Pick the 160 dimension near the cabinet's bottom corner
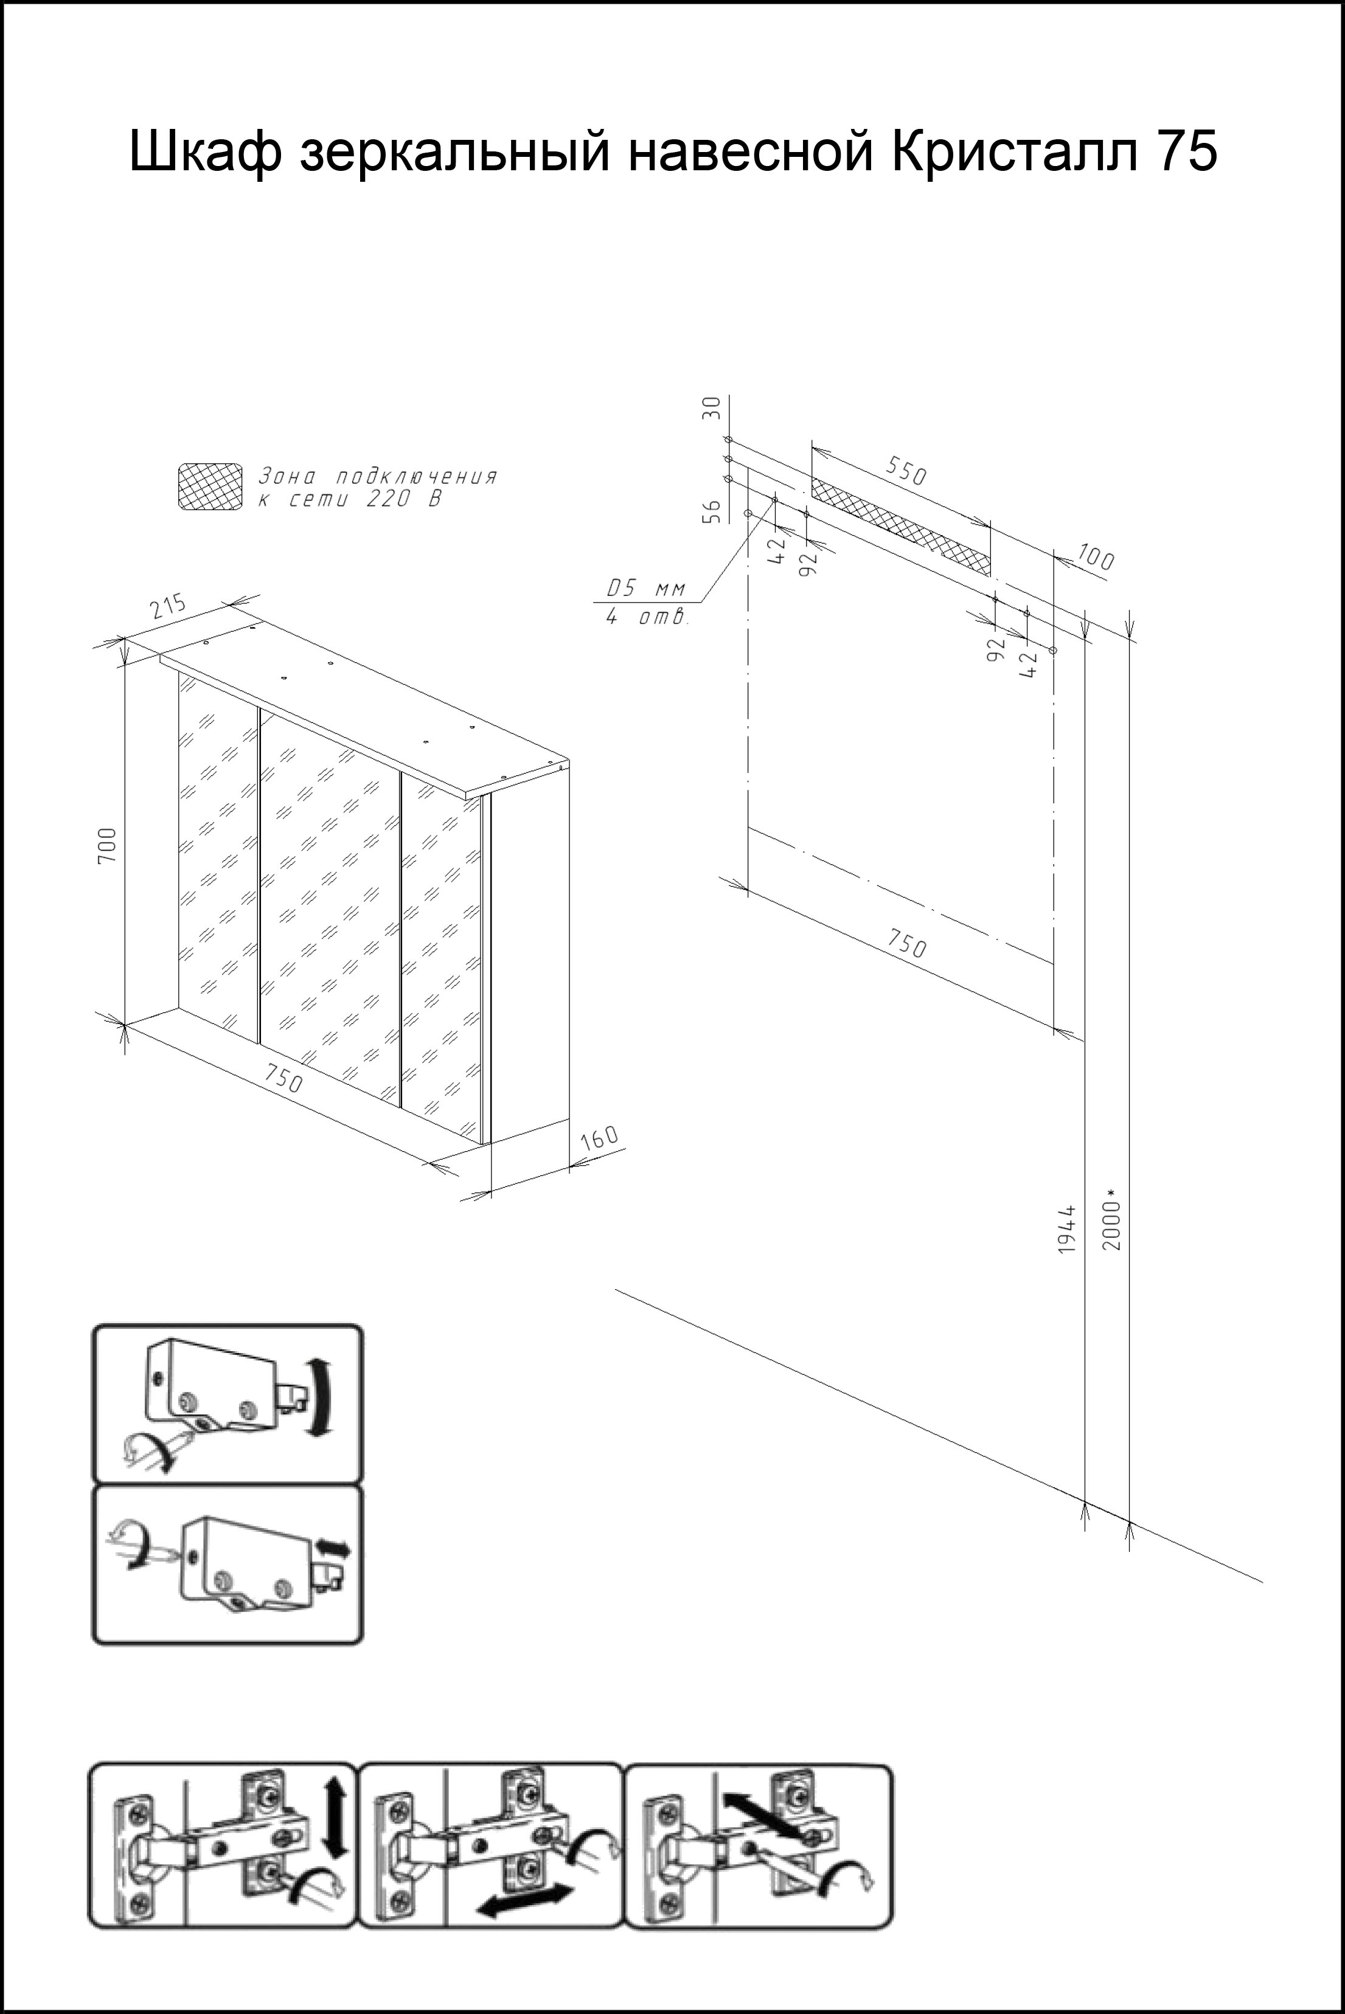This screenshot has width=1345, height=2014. pos(599,1140)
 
